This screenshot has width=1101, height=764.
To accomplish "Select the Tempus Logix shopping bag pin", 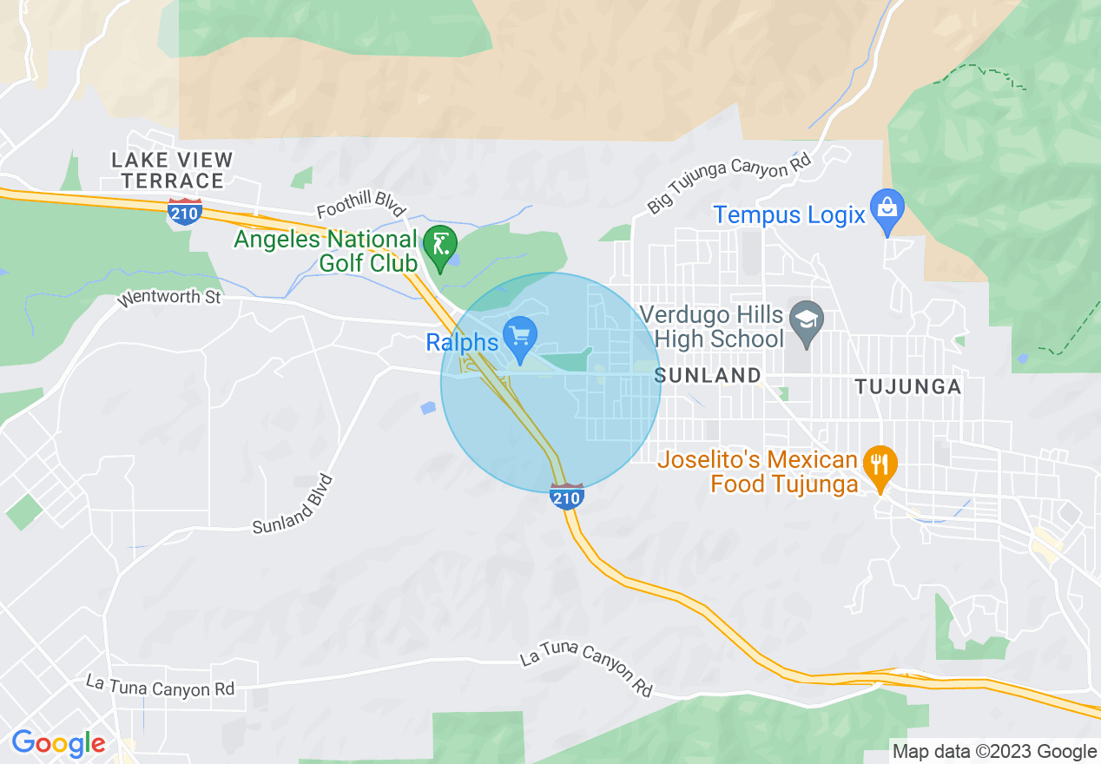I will click(887, 210).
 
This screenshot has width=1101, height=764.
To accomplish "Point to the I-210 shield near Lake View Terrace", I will click(186, 211).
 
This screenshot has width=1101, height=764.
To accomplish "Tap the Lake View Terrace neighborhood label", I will click(173, 170).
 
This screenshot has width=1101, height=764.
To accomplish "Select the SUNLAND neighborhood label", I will click(708, 376).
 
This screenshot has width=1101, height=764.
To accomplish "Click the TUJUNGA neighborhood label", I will click(908, 387).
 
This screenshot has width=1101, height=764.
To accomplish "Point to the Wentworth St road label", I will click(170, 298).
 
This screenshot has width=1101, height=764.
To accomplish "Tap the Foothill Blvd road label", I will click(361, 205).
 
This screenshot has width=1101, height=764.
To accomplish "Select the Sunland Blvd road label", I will click(293, 504).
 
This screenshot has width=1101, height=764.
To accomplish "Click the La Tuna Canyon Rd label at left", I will click(161, 687).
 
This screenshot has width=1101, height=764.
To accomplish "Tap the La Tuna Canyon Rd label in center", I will click(586, 671).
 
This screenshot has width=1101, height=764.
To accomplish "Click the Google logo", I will click(58, 744).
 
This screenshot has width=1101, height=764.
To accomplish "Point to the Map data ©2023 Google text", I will click(995, 752).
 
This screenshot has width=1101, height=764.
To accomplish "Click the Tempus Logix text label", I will click(789, 214).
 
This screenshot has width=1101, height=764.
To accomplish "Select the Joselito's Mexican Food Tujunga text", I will click(758, 471).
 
